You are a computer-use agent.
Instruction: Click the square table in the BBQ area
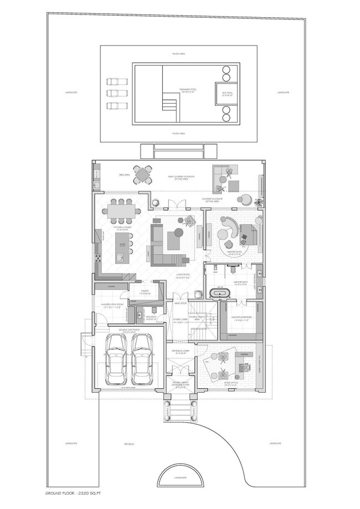pyautogui.click(x=143, y=175)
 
